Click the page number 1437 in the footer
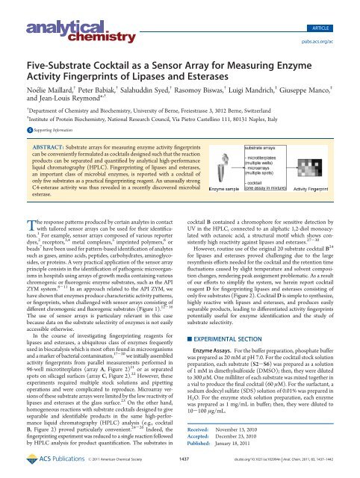pos(184,471)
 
